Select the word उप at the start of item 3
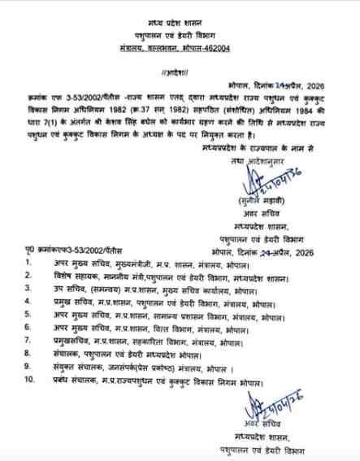(57, 289)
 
